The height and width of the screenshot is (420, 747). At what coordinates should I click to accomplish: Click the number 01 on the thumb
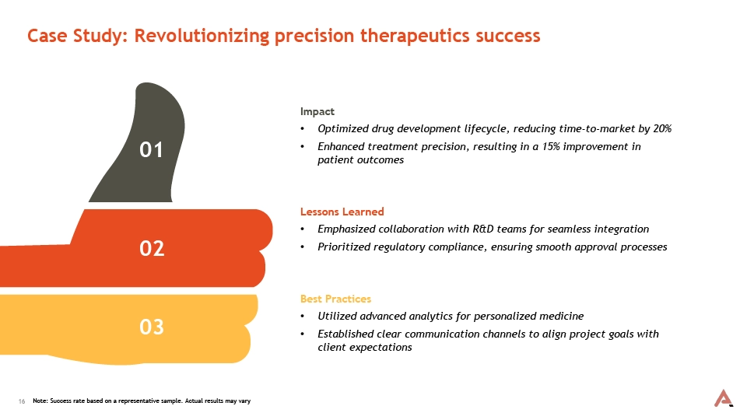(x=151, y=149)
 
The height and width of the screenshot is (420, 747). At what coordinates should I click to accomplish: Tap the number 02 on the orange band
(x=152, y=249)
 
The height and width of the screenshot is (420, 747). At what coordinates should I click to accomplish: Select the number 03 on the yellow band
(x=152, y=327)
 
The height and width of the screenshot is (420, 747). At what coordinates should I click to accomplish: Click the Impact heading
(x=317, y=112)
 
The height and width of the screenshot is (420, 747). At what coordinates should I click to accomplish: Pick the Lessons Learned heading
(x=342, y=212)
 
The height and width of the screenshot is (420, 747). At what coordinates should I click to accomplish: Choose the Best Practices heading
(x=335, y=299)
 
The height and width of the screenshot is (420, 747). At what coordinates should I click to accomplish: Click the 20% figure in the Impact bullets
(x=662, y=128)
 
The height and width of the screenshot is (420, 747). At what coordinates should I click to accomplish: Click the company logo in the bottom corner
(x=723, y=398)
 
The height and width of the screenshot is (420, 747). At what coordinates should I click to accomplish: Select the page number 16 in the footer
(x=22, y=401)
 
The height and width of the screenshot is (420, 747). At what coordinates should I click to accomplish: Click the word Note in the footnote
(x=40, y=401)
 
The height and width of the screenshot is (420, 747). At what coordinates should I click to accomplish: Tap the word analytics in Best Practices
(x=430, y=317)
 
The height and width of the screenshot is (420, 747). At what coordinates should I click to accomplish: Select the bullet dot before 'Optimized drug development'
(x=303, y=129)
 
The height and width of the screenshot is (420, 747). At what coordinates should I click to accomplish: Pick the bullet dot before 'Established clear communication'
(x=303, y=334)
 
